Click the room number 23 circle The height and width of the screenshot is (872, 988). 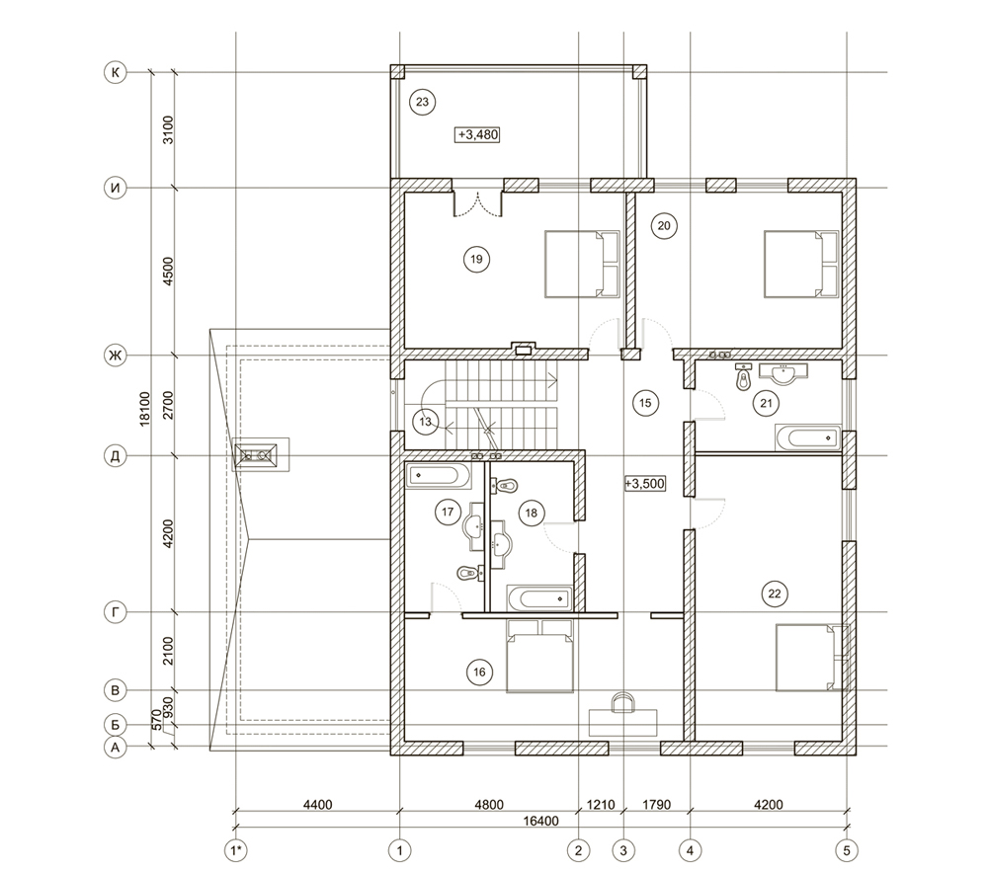pyautogui.click(x=421, y=102)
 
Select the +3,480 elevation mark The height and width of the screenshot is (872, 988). pyautogui.click(x=476, y=134)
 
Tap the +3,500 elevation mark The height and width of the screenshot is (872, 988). pyautogui.click(x=645, y=484)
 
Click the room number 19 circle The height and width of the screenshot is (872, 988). pyautogui.click(x=476, y=259)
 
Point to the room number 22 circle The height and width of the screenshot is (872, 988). pyautogui.click(x=774, y=593)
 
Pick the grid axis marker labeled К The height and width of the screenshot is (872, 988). pyautogui.click(x=116, y=72)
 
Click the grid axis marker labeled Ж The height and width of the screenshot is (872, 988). pyautogui.click(x=116, y=356)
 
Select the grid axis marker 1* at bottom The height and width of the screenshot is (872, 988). pyautogui.click(x=235, y=849)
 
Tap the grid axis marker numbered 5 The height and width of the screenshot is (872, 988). pyautogui.click(x=847, y=849)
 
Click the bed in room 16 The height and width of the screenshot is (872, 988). pyautogui.click(x=540, y=657)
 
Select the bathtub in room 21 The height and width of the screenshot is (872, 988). pyautogui.click(x=806, y=437)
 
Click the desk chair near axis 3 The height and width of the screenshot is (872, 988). pyautogui.click(x=623, y=704)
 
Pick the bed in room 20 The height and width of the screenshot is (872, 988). pyautogui.click(x=801, y=264)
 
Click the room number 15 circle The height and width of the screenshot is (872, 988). pyautogui.click(x=645, y=402)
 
